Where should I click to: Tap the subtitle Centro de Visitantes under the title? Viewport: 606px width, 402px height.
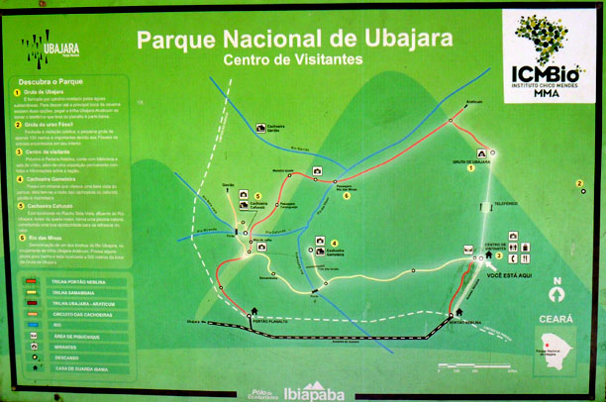pyautogui.click(x=293, y=60)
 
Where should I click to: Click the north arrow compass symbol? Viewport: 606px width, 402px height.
pyautogui.click(x=557, y=294)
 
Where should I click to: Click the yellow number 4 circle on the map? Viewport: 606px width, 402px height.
pyautogui.click(x=334, y=244)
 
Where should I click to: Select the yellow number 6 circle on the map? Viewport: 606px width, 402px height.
pyautogui.click(x=347, y=195)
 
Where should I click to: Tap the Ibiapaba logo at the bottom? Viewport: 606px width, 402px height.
pyautogui.click(x=312, y=389)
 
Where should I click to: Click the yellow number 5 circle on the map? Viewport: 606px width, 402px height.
pyautogui.click(x=255, y=196)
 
